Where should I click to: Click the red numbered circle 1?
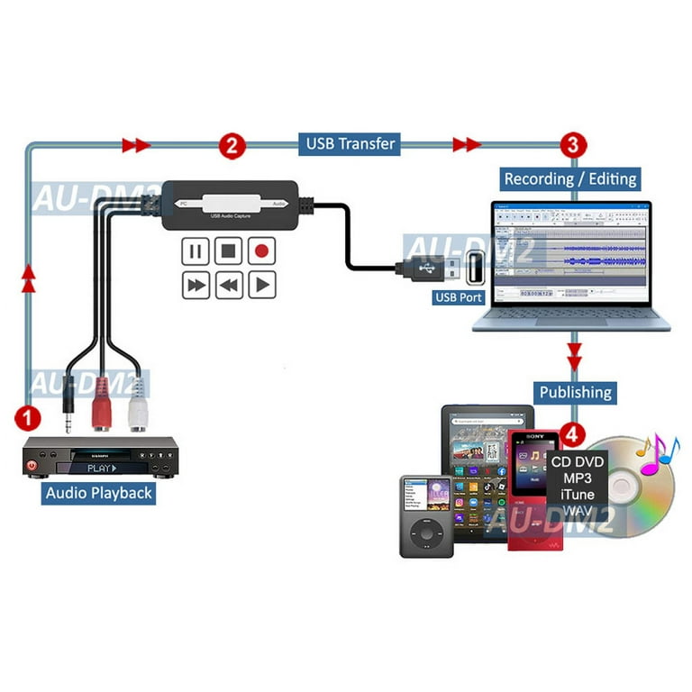pos(29,417)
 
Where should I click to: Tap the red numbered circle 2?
pos(232,144)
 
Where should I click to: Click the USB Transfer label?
pos(350,143)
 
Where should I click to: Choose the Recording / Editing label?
pos(569,178)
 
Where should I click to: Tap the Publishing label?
pos(576,392)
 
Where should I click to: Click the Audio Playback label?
pos(100,493)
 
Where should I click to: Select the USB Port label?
pos(459,296)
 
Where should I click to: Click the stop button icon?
pos(229,250)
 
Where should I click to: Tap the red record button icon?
pos(261,250)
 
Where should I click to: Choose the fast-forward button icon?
pos(196,286)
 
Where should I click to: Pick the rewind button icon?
pos(229,286)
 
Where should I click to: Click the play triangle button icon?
pos(261,286)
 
